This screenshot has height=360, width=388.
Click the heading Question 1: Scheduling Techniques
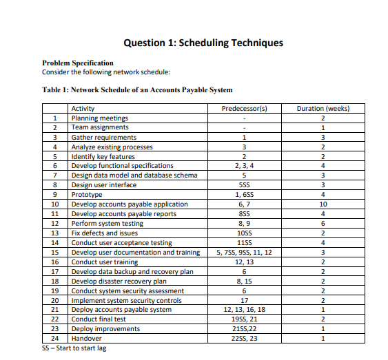coord(203,43)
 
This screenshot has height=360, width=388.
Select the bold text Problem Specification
coord(78,63)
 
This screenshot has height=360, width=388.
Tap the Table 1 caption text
coord(137,89)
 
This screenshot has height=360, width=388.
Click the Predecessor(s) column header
coord(244,109)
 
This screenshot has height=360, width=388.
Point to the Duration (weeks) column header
coord(323,109)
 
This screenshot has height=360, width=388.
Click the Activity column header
coord(83,109)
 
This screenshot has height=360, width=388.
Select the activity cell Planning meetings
coord(100,118)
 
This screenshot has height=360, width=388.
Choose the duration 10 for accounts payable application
coord(323,204)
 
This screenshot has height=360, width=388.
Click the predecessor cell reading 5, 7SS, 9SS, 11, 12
coord(244,252)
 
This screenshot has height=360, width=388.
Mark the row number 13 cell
coord(55,233)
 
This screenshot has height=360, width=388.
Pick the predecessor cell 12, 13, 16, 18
coord(244,309)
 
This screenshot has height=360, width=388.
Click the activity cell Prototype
coord(87,195)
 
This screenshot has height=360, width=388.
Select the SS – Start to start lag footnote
coord(75,348)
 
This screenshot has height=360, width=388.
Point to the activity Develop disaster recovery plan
coord(119,281)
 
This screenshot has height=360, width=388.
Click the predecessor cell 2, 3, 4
coord(244,166)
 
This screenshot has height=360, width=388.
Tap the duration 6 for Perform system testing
coord(323,224)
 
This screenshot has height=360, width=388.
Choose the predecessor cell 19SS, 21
coord(244,319)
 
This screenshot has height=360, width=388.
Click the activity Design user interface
coord(104,185)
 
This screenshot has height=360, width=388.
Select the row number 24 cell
coord(55,338)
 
